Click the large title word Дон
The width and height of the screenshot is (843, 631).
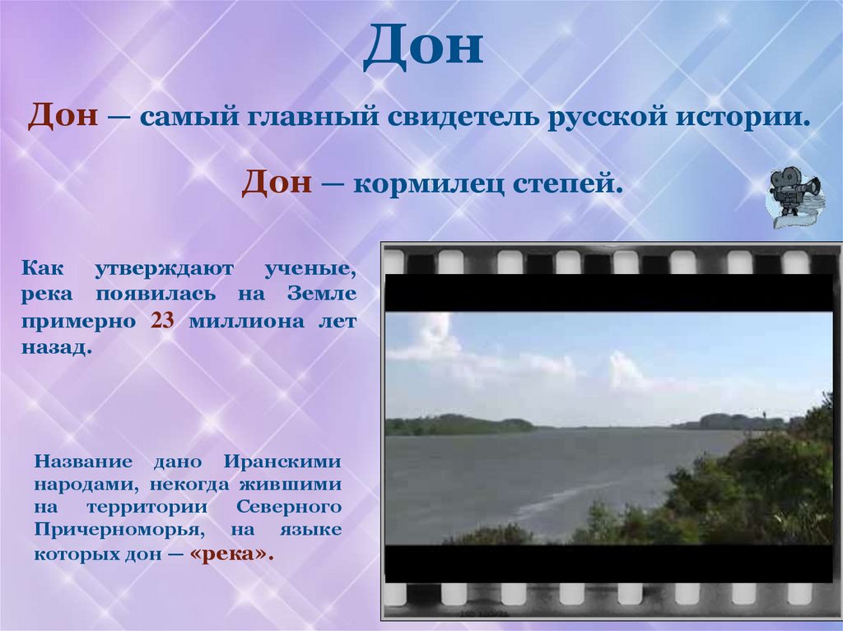(421, 47)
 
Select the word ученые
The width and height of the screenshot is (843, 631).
(310, 268)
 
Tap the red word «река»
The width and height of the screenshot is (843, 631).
(231, 554)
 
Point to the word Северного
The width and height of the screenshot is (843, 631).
(295, 506)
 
